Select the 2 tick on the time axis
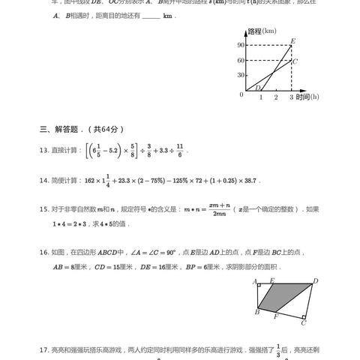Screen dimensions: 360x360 coord(275,97)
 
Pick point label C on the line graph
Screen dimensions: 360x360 coord(295,61)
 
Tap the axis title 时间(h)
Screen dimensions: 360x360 coord(307,97)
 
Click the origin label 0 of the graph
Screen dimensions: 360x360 coord(240,94)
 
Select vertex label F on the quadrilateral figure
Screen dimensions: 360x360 coord(276,316)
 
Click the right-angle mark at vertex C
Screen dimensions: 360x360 coord(303,316)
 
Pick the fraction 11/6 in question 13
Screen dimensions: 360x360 coord(179,150)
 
